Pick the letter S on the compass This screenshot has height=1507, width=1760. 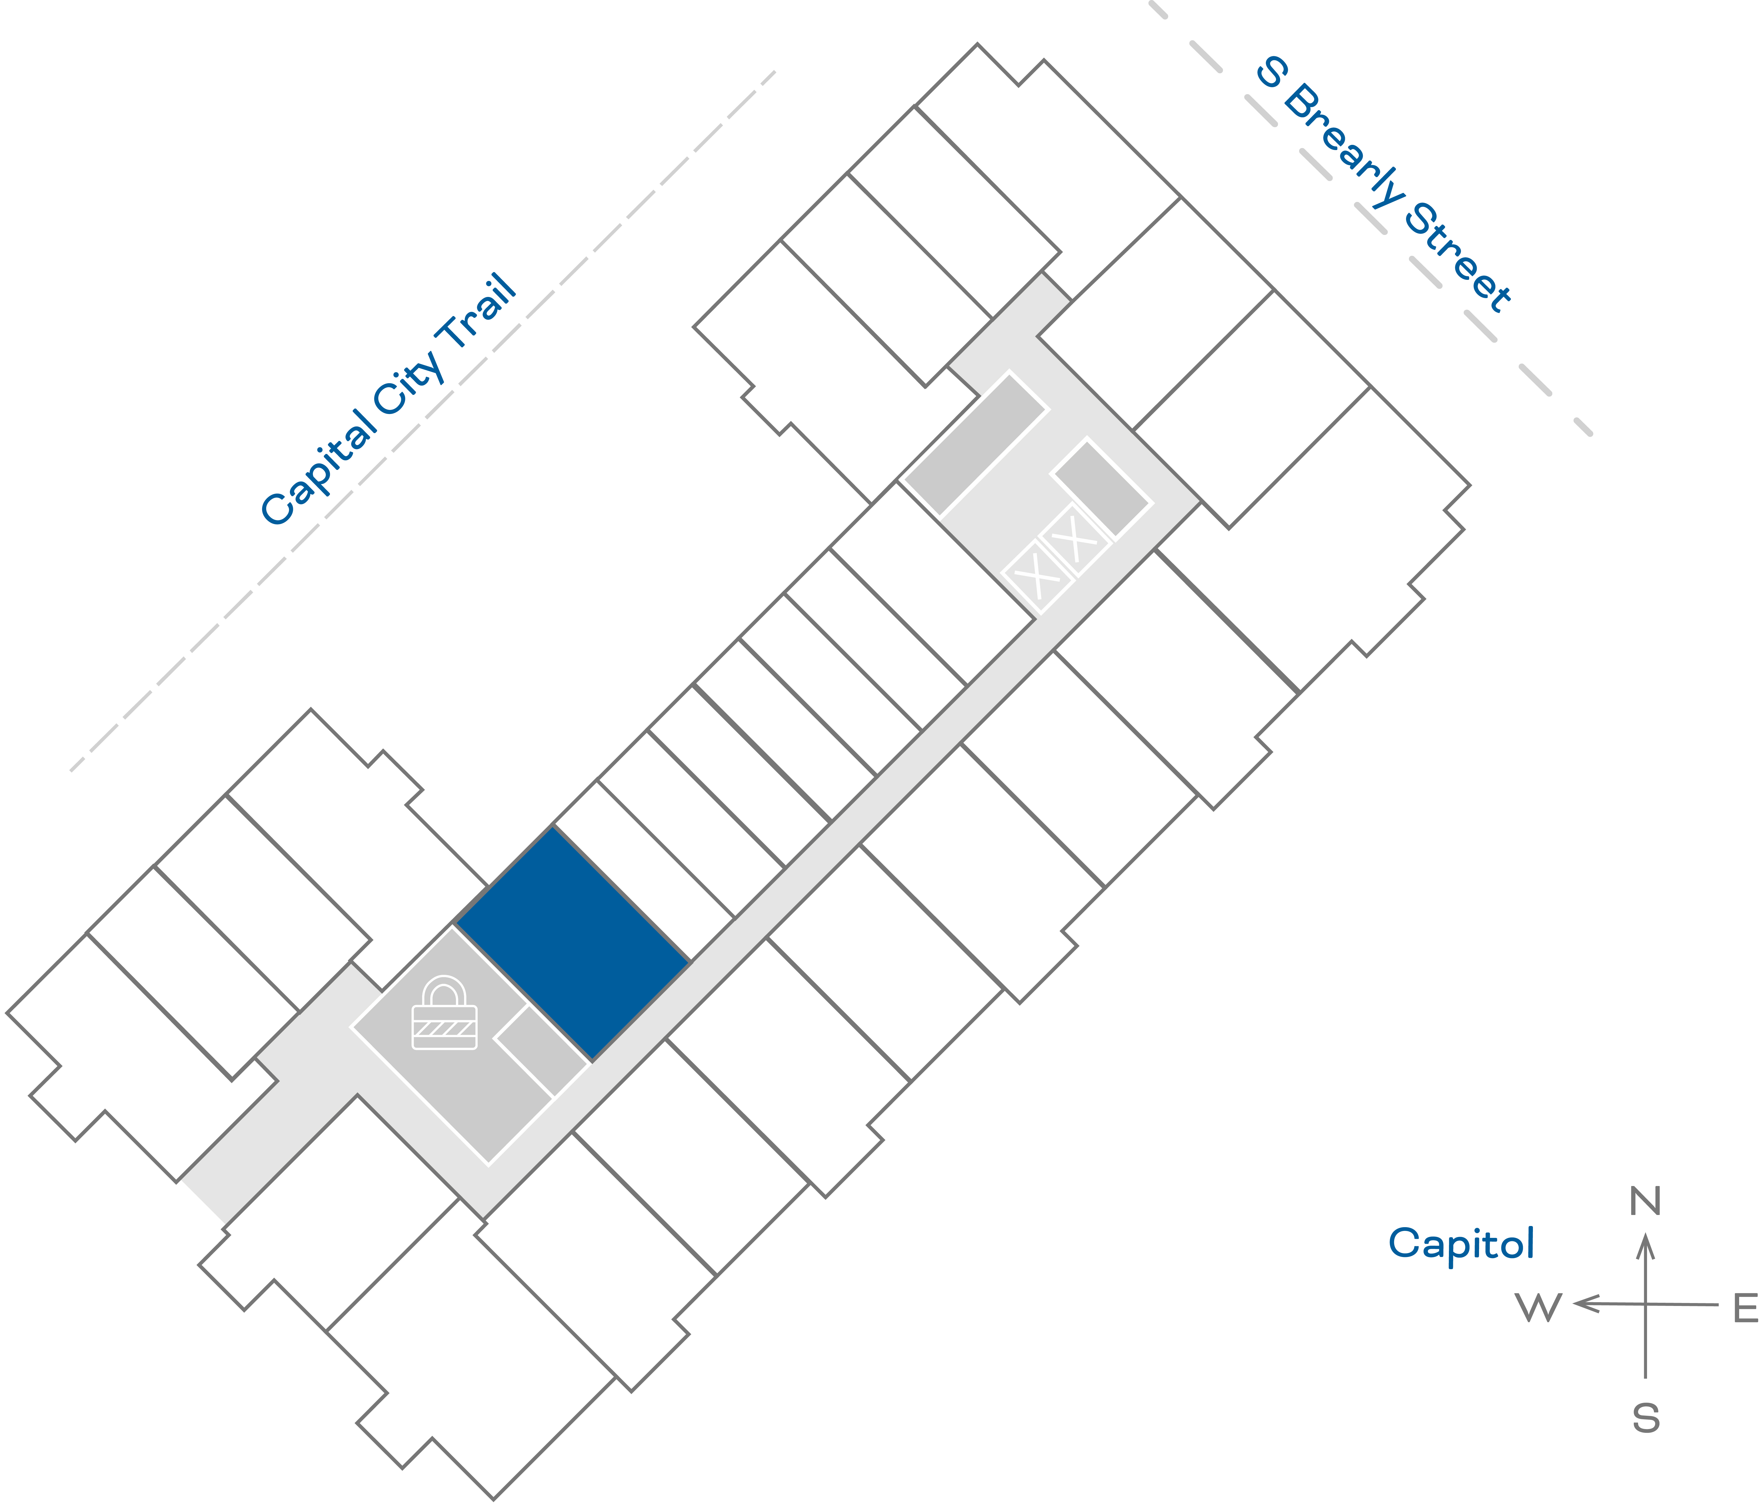pyautogui.click(x=1645, y=1419)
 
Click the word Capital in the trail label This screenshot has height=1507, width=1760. pyautogui.click(x=319, y=467)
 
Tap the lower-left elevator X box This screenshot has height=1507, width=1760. pyautogui.click(x=1037, y=576)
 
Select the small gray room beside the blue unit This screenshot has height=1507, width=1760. pyautogui.click(x=541, y=1051)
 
